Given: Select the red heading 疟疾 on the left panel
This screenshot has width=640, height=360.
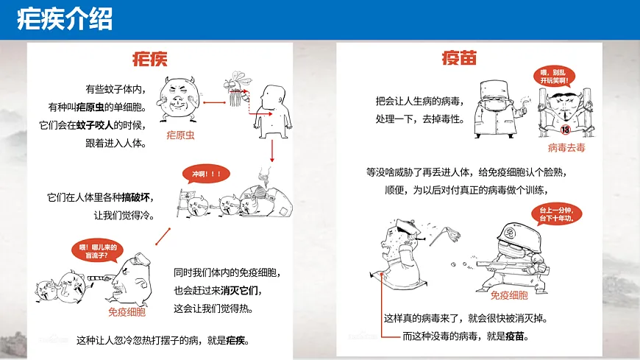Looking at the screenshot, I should pos(149,59).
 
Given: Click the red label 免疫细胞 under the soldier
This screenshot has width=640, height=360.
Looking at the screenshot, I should pos(509,295).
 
